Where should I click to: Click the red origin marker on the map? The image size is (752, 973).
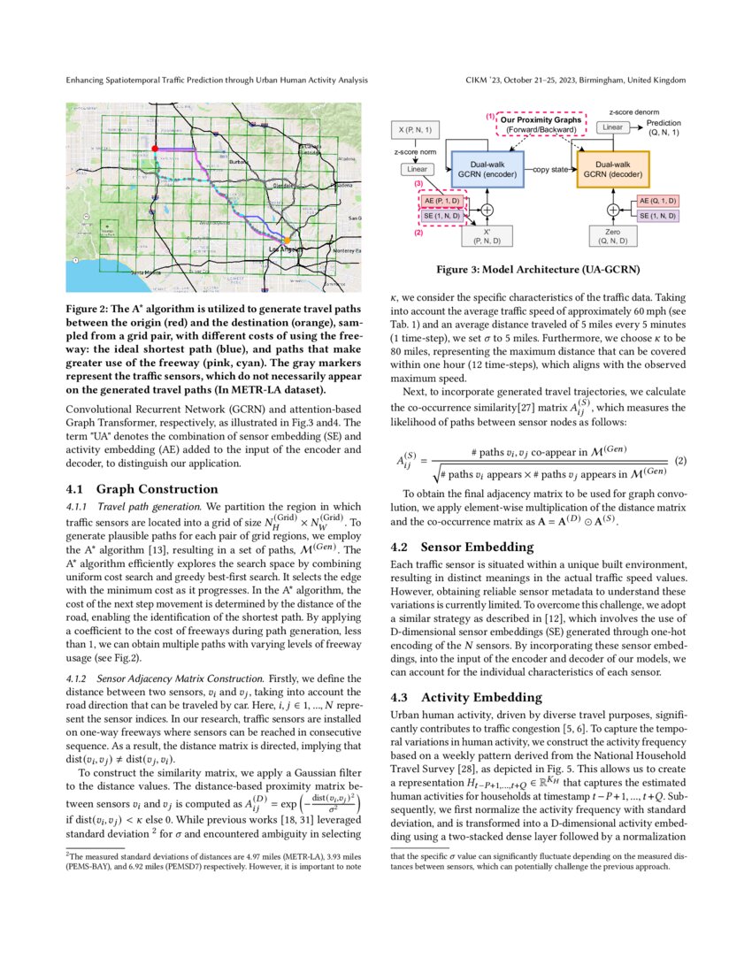155,149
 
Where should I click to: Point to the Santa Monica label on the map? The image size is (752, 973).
146,273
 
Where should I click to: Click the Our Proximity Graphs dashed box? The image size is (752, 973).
540,125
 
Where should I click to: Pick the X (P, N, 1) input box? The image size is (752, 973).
416,131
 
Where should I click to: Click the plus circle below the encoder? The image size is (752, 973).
487,210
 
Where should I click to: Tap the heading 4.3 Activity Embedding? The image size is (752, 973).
466,697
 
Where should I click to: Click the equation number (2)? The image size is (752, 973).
680,461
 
